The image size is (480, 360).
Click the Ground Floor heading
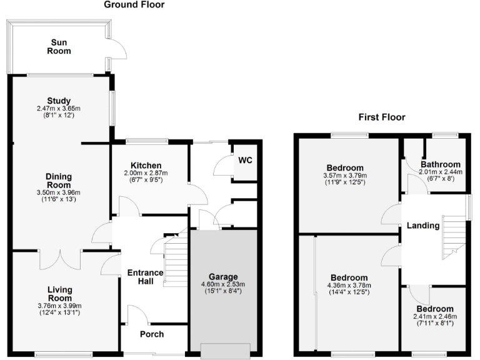(x=134, y=5)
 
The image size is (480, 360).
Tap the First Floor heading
(x=381, y=117)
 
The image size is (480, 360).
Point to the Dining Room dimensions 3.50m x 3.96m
(x=59, y=192)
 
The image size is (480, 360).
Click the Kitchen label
(x=146, y=165)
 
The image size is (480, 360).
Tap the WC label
(x=244, y=160)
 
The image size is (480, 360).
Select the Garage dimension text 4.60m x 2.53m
(x=222, y=284)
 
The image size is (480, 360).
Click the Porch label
(x=151, y=334)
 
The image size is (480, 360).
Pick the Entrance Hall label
(x=145, y=277)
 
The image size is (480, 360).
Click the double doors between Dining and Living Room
(x=60, y=257)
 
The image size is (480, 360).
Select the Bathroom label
(x=440, y=164)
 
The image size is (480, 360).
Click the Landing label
(x=423, y=226)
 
